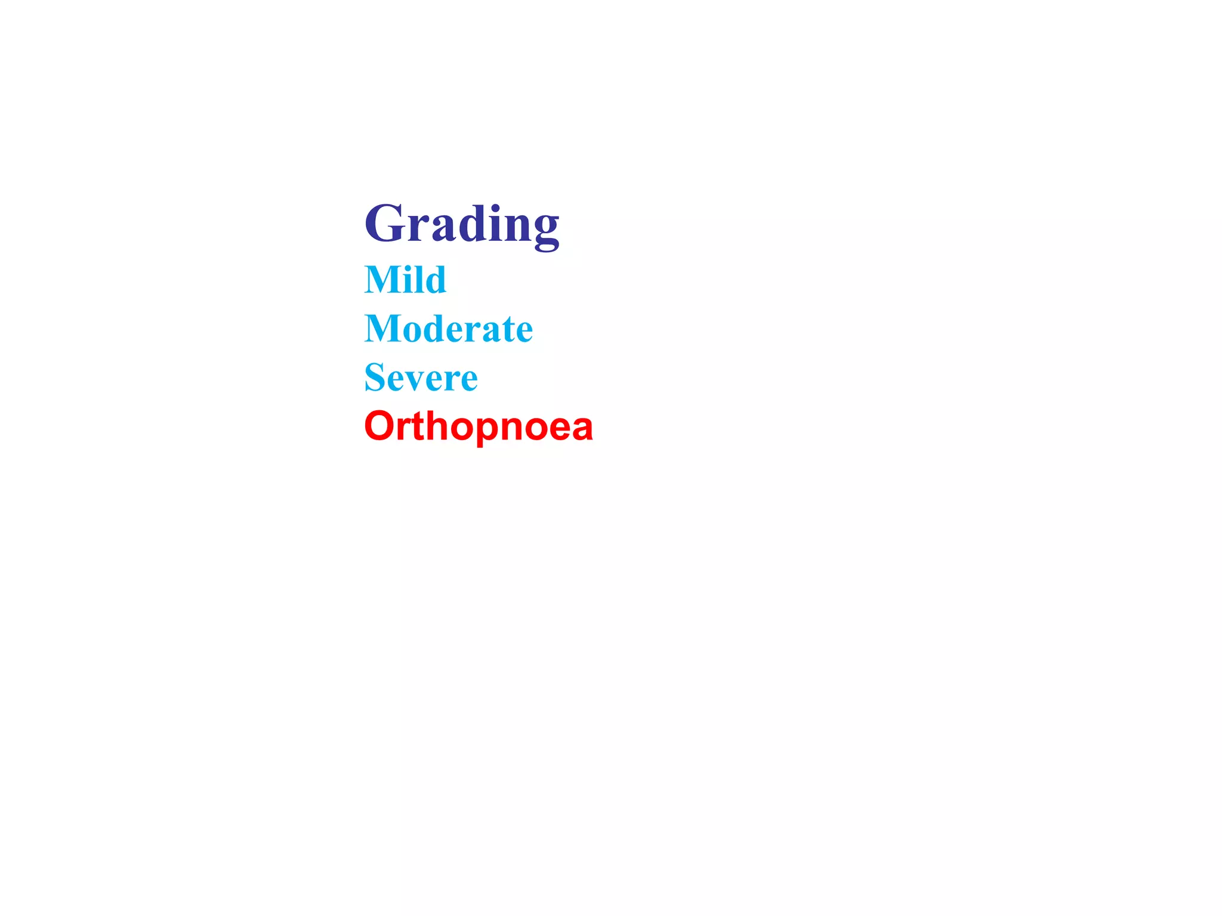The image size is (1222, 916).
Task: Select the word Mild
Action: click(x=405, y=280)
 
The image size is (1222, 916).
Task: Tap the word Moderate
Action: click(x=449, y=329)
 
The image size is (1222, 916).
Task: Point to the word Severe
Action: click(x=421, y=377)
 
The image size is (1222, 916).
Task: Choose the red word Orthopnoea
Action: click(x=479, y=427)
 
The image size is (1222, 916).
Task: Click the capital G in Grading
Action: click(x=385, y=224)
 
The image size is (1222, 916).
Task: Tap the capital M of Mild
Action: click(x=382, y=280)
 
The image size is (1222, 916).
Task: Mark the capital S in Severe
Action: click(x=374, y=377)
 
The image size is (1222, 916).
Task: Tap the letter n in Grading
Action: click(x=516, y=228)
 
